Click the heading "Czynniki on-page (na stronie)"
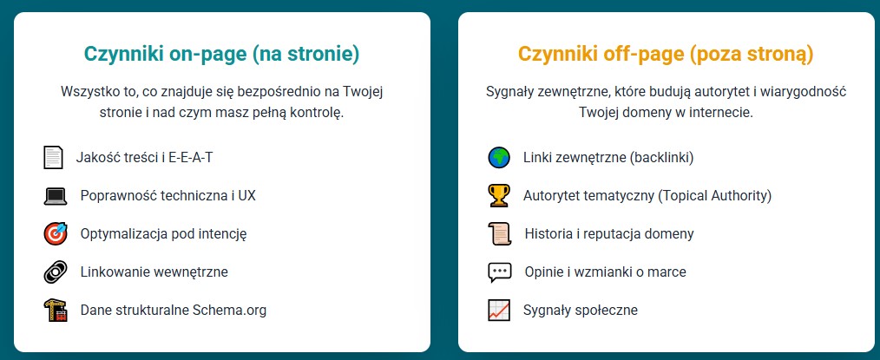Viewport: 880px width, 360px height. (221, 55)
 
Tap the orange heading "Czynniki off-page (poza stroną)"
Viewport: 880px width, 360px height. (666, 55)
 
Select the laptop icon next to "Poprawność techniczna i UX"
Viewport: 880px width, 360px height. (56, 196)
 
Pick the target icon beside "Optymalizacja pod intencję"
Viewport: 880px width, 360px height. (56, 233)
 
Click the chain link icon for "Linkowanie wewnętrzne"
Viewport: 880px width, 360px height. (56, 272)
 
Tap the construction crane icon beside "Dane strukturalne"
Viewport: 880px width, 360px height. (56, 310)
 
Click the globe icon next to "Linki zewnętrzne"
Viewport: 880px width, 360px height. (499, 157)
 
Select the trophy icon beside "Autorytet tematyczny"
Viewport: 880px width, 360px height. (499, 195)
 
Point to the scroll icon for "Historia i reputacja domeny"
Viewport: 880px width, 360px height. (499, 233)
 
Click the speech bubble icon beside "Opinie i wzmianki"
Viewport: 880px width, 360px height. (499, 272)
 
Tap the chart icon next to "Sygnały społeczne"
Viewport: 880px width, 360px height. (499, 310)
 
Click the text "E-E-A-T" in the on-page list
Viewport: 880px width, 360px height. (191, 158)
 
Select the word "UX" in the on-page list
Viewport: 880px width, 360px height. (247, 196)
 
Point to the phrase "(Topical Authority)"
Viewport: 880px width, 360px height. (714, 196)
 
